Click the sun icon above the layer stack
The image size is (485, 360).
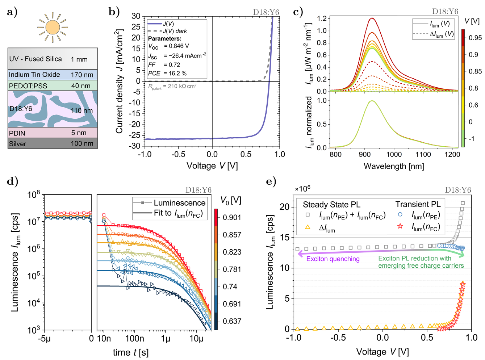pos(53,27)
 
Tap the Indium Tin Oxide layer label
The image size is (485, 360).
pos(34,75)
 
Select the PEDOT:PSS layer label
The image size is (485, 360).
pos(27,86)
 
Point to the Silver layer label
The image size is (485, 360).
pos(17,144)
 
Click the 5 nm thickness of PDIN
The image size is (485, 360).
pos(79,133)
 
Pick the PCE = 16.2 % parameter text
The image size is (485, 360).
pos(167,73)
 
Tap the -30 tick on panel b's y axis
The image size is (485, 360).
pos(136,146)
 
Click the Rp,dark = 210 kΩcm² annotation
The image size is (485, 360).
pos(172,87)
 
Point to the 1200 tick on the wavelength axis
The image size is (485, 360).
pos(452,154)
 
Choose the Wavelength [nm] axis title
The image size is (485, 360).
pos(394,166)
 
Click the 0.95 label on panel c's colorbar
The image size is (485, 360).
pos(475,38)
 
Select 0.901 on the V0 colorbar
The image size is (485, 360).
pos(232,217)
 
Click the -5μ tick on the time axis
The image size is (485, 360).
pos(45,339)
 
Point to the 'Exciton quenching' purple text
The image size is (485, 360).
pos(333,259)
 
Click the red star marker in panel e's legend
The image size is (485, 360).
pos(400,226)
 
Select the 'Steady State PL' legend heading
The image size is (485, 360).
pos(331,205)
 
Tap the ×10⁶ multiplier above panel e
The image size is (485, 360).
pos(302,189)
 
